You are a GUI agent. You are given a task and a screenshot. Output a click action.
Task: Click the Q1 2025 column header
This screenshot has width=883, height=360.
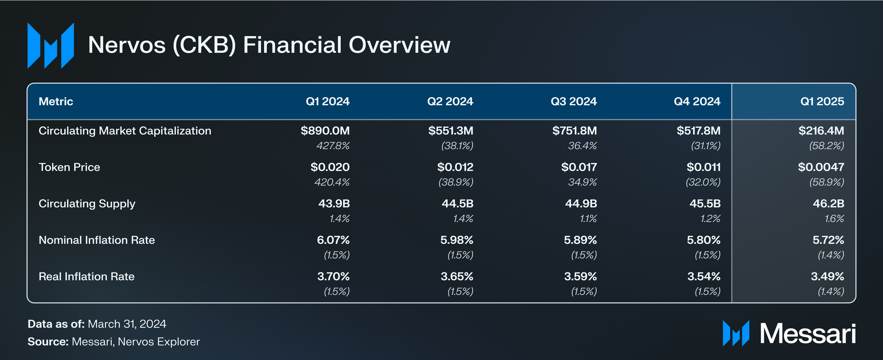click(822, 101)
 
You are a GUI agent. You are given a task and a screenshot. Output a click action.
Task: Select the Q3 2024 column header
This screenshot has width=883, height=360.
click(574, 101)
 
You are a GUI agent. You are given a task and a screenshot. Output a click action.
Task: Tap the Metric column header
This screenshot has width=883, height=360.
click(56, 101)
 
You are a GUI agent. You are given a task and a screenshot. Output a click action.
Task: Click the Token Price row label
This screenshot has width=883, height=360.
click(69, 167)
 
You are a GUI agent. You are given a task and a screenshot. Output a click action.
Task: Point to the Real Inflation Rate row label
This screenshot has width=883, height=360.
click(87, 276)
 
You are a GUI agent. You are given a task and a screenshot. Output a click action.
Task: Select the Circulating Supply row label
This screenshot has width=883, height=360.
click(87, 204)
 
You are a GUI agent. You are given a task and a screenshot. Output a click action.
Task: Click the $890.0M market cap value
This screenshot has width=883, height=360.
click(325, 131)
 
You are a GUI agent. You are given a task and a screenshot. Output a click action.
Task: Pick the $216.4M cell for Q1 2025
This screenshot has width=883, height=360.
click(821, 131)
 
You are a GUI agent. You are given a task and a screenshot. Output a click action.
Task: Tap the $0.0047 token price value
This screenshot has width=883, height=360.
click(821, 167)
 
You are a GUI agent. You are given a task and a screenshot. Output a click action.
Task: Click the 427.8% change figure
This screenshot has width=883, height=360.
click(333, 146)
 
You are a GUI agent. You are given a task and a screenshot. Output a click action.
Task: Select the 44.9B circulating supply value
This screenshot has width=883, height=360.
click(581, 204)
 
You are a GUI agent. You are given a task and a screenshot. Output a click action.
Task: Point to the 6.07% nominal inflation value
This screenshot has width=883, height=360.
click(333, 240)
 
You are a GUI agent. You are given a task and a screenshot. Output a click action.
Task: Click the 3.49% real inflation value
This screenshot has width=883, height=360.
click(827, 276)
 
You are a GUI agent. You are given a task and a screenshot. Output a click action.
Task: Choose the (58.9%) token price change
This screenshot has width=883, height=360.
click(827, 182)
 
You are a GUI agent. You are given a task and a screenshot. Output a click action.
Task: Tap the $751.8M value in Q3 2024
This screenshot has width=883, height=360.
click(575, 131)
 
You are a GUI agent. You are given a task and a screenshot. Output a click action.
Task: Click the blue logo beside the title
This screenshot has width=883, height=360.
click(51, 45)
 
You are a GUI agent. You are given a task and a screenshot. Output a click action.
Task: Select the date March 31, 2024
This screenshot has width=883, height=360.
click(127, 324)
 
